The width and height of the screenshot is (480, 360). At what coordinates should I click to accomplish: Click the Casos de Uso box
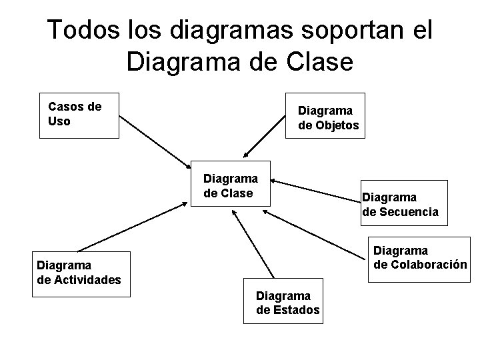[x=79, y=115]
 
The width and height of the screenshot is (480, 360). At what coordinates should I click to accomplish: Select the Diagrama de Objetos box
[x=325, y=115]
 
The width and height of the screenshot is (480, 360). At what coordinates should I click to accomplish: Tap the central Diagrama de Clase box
[x=231, y=183]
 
